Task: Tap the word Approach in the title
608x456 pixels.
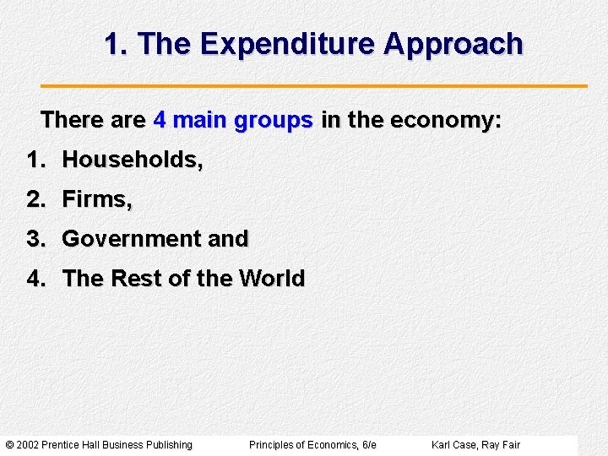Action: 453,44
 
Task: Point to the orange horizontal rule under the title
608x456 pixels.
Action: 314,86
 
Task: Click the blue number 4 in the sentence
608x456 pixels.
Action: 160,121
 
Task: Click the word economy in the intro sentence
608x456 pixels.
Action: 444,121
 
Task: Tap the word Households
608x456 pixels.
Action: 133,160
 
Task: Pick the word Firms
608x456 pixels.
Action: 97,199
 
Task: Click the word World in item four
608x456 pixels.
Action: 272,279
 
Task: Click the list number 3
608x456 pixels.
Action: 35,239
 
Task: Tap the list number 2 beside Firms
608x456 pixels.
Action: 35,199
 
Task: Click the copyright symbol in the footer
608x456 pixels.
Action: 9,445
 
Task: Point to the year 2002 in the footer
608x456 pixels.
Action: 27,445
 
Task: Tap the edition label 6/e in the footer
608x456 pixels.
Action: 368,445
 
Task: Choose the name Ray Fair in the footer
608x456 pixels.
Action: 501,445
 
